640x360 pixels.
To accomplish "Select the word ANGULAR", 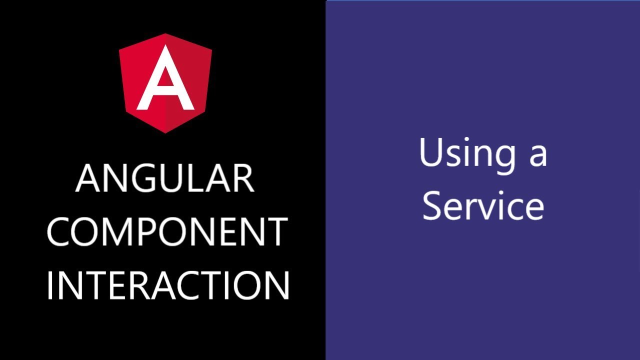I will tap(165, 179).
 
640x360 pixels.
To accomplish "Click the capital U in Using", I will tap(431, 151).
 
